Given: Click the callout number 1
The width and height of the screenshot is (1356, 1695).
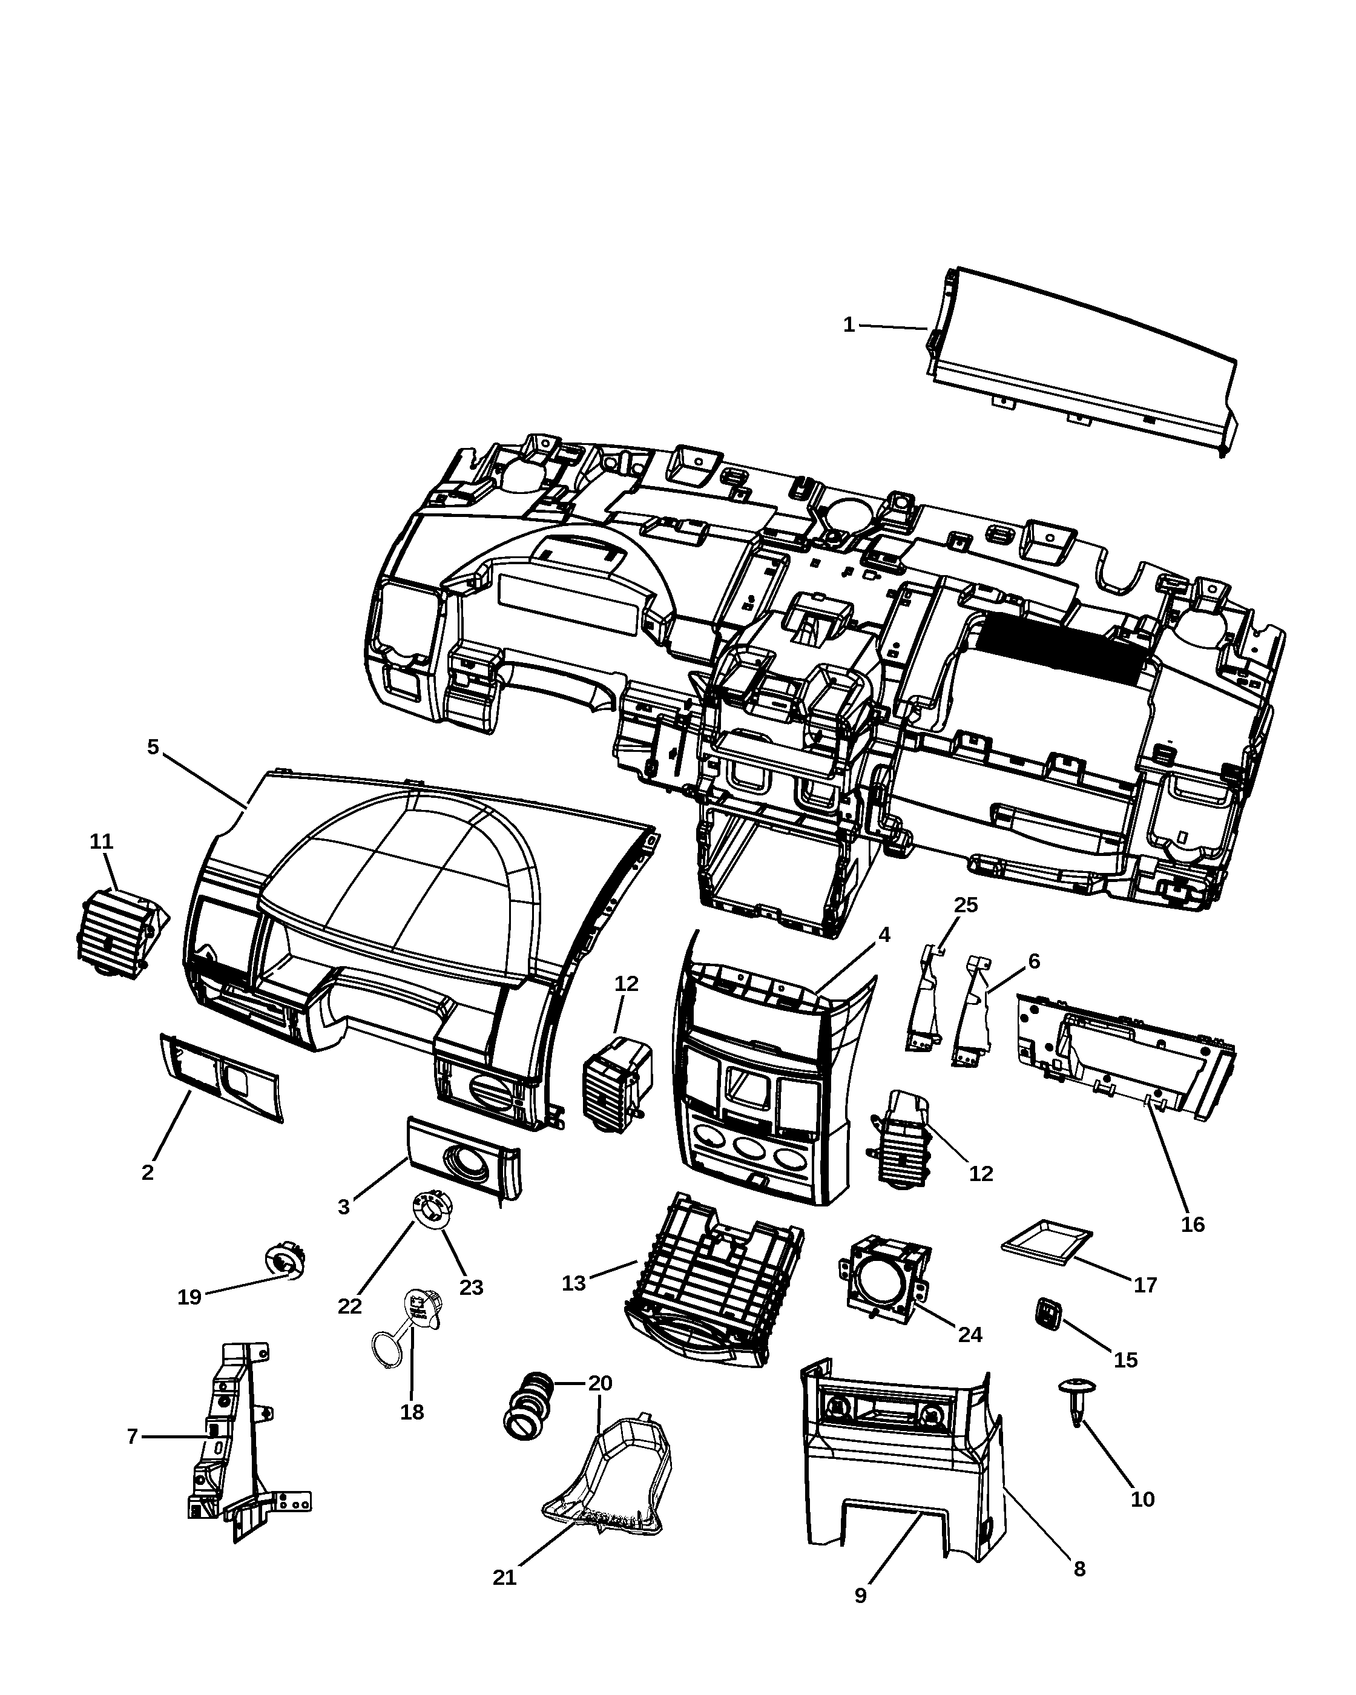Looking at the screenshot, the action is (x=848, y=324).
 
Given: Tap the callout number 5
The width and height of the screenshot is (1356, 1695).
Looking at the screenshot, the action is (x=153, y=747).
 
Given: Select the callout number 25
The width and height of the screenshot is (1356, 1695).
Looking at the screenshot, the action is (x=966, y=905).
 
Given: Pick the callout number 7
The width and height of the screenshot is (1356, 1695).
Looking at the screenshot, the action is (x=132, y=1437).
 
